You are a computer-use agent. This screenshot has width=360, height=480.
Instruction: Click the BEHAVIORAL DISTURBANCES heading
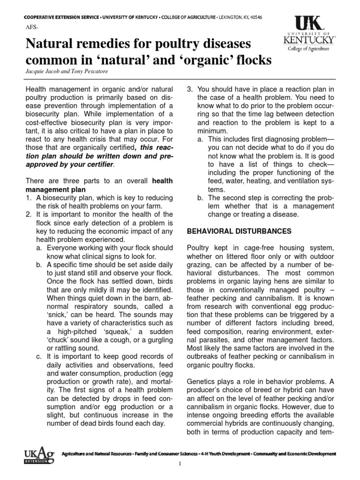(239, 231)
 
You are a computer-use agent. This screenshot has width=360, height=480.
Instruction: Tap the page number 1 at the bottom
(180, 470)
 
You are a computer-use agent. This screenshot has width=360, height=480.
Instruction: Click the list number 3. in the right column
(190, 89)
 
